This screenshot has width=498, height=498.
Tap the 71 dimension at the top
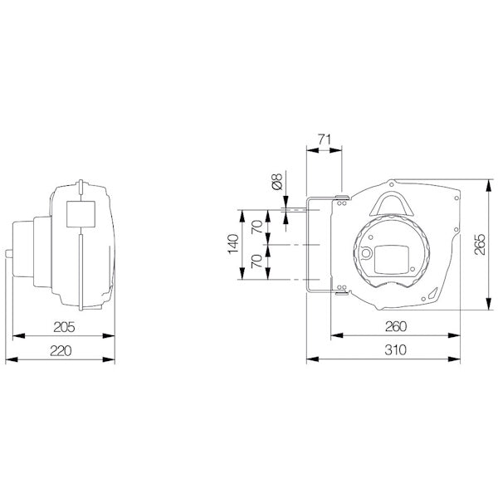tap(324, 141)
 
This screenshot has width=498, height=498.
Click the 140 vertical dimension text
tap(234, 246)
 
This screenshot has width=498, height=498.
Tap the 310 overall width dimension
tap(383, 352)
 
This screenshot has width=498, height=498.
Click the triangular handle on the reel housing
tap(393, 202)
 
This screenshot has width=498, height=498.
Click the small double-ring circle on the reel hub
tap(364, 254)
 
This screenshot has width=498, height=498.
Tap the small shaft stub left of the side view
tap(9, 255)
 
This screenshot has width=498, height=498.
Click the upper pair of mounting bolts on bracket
tap(340, 198)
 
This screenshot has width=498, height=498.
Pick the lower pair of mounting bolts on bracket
tap(340, 290)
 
